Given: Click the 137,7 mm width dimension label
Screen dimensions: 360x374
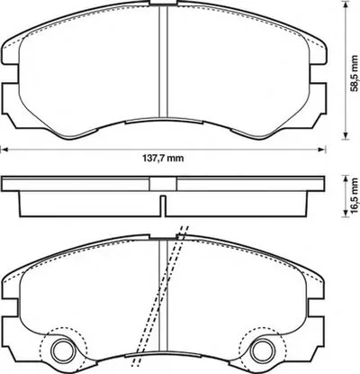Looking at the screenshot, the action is (x=162, y=158).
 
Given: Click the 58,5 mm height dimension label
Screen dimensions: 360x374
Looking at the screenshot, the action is (x=355, y=73).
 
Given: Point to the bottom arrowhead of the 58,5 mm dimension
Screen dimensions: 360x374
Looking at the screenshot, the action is (x=346, y=136).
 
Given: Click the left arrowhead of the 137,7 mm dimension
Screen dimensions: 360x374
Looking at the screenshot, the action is (x=4, y=150).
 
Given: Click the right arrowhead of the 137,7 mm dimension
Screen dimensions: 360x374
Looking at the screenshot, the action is (x=322, y=150).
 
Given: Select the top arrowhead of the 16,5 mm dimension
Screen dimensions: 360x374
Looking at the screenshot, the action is (x=346, y=180).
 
